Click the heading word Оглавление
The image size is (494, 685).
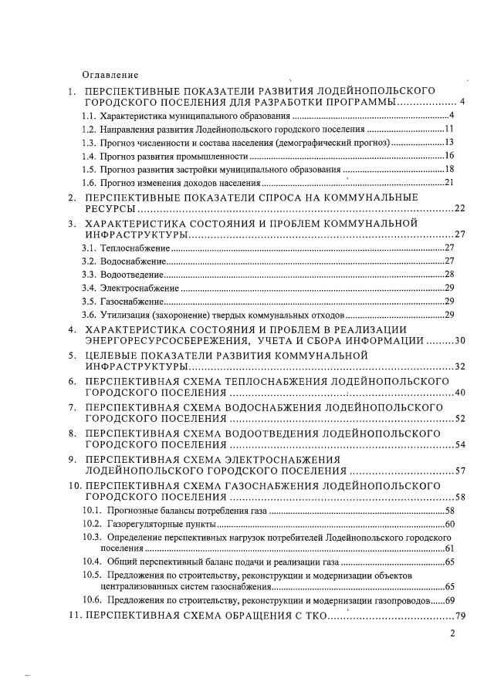(110, 75)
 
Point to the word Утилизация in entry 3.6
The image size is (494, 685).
(126, 316)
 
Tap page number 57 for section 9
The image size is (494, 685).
(460, 470)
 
